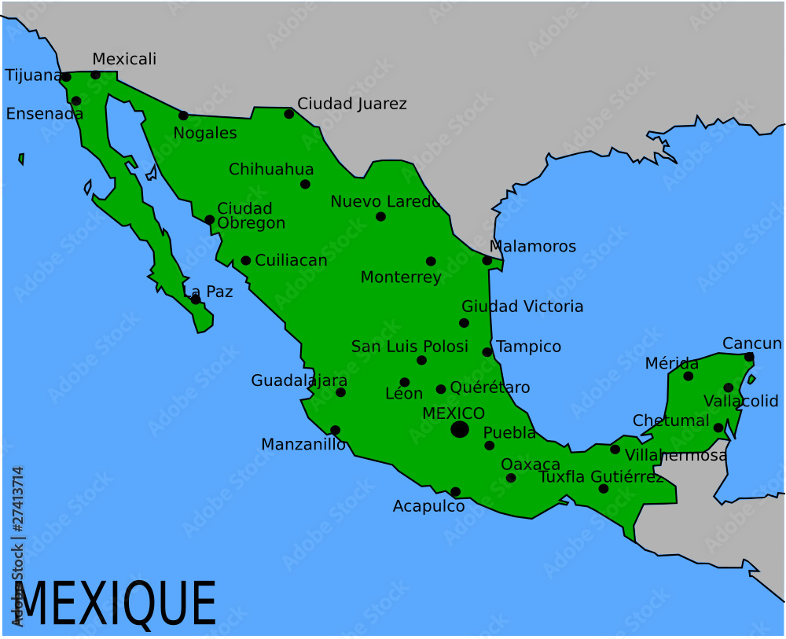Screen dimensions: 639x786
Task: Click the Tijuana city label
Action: (x=33, y=75)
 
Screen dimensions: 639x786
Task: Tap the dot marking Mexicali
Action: (x=96, y=75)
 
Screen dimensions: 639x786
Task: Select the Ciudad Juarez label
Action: (x=351, y=104)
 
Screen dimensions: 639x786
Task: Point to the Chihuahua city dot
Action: (x=305, y=184)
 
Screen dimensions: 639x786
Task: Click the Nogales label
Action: (x=204, y=133)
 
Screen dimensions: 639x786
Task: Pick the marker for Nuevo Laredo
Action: (x=380, y=216)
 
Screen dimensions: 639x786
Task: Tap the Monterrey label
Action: (x=400, y=277)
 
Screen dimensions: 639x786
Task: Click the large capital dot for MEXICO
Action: (x=460, y=429)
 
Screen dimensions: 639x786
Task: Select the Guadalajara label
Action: (x=299, y=380)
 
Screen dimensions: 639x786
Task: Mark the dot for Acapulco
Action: (x=455, y=492)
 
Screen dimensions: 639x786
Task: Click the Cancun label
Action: (x=751, y=343)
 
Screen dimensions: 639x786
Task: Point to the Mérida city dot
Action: (x=689, y=376)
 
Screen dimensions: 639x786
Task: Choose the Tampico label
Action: (x=528, y=347)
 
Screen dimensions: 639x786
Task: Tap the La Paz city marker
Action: (x=195, y=299)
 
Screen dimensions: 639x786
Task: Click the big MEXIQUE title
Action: (x=115, y=604)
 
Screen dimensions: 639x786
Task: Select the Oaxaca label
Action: (x=530, y=465)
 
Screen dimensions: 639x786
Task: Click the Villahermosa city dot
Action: (x=615, y=450)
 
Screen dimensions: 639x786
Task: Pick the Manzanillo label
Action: (x=303, y=445)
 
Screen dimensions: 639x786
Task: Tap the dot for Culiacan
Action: (x=245, y=260)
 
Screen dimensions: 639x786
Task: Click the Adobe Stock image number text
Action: (x=18, y=511)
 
